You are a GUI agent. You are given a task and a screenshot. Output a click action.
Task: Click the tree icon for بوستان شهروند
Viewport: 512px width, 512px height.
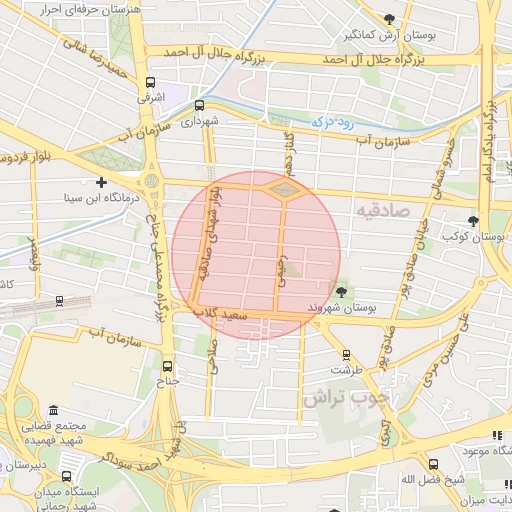(x=343, y=291)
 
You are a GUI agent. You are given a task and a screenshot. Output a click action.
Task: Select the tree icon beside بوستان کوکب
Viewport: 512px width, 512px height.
(x=473, y=221)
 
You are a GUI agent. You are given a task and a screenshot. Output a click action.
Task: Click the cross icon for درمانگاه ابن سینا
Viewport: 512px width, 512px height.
(x=102, y=182)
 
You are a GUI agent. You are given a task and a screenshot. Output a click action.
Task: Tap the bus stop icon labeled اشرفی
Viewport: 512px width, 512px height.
(x=150, y=83)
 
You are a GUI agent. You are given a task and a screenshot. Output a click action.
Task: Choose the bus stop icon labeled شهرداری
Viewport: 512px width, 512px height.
(x=199, y=104)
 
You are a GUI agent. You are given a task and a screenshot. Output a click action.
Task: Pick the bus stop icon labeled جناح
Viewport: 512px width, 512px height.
(x=167, y=366)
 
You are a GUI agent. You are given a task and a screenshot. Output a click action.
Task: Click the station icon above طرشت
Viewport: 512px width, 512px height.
(x=346, y=354)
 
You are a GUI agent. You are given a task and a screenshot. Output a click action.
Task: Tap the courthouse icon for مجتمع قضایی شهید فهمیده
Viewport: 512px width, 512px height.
(x=52, y=410)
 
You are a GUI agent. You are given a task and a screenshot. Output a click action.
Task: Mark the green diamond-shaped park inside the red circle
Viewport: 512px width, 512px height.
(x=283, y=189)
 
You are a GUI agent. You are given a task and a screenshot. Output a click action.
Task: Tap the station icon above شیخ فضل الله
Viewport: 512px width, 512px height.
(x=434, y=464)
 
